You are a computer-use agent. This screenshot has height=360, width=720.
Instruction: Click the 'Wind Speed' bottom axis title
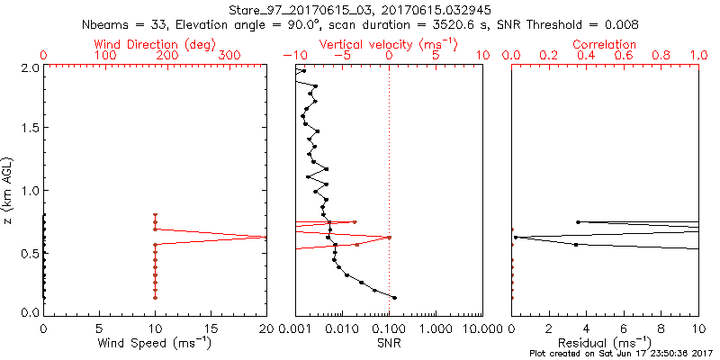tap(155, 343)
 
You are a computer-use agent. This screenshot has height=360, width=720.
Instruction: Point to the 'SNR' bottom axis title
tap(389, 343)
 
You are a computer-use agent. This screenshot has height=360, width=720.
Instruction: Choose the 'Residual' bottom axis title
tap(605, 343)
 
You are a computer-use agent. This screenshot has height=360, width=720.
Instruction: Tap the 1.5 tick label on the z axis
tap(30, 129)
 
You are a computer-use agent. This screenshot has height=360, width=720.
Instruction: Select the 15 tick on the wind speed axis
tap(211, 329)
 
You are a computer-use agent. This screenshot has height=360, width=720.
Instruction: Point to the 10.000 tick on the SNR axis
tap(479, 329)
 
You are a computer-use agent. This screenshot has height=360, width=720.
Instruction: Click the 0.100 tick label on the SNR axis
tap(389, 329)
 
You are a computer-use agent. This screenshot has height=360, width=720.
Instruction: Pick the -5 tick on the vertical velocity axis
tap(342, 57)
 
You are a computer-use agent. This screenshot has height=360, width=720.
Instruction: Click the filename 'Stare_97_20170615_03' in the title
tap(286, 10)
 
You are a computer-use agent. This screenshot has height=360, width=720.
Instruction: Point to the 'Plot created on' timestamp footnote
tap(622, 354)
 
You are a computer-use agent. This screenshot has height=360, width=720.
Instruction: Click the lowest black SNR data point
tap(394, 297)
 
